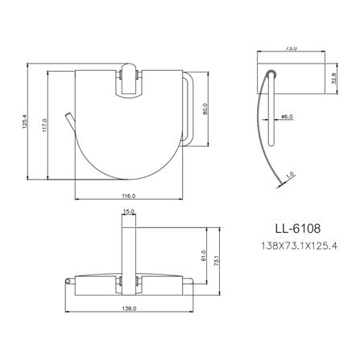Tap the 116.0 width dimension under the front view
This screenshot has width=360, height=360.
click(127, 197)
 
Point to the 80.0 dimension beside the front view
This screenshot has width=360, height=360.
click(205, 109)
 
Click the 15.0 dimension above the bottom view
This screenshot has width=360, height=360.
click(128, 213)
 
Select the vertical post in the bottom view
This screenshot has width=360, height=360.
click(128, 250)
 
